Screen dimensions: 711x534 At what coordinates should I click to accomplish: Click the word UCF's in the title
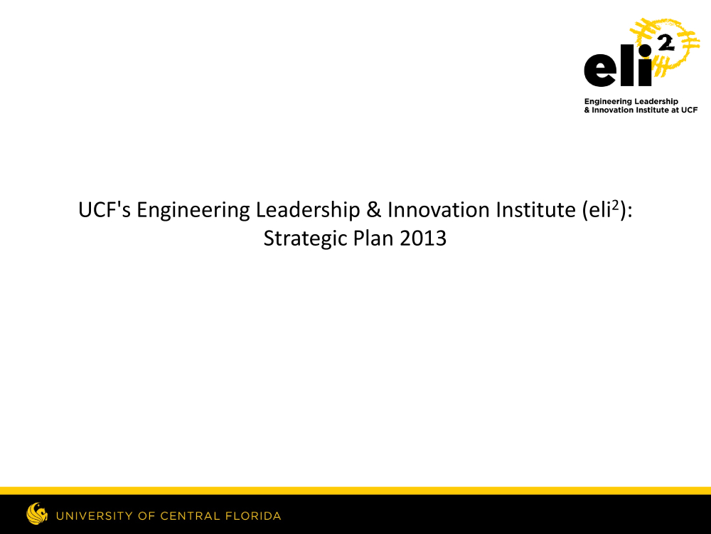tap(105, 210)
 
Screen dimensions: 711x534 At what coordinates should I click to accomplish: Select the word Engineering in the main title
tap(193, 211)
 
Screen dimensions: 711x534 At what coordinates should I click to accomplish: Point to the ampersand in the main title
tap(374, 210)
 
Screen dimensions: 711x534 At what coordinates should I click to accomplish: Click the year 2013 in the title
tap(423, 239)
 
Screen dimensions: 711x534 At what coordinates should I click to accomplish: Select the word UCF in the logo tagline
tap(689, 110)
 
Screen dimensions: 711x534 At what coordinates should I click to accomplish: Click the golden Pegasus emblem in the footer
tap(37, 513)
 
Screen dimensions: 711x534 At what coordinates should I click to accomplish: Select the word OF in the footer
tap(147, 516)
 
